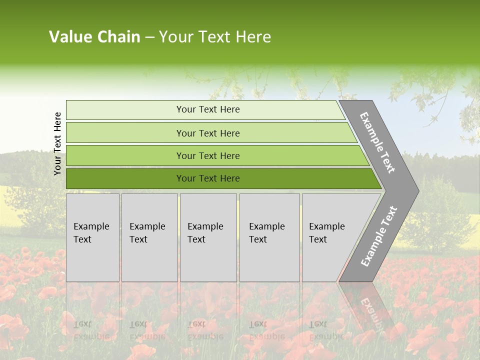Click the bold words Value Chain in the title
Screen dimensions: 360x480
pyautogui.click(x=94, y=37)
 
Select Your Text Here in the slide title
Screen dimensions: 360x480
pyautogui.click(x=215, y=37)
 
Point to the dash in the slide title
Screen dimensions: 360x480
pyautogui.click(x=149, y=37)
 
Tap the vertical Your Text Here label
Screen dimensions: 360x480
pyautogui.click(x=57, y=143)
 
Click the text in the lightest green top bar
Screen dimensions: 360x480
pyautogui.click(x=208, y=109)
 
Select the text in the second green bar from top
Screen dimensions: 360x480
pyautogui.click(x=208, y=133)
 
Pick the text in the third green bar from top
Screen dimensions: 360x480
pyautogui.click(x=208, y=155)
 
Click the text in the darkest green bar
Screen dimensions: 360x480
pyautogui.click(x=208, y=178)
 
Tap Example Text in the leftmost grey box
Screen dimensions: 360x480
pyautogui.click(x=91, y=233)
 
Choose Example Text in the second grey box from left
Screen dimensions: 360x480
pyautogui.click(x=147, y=233)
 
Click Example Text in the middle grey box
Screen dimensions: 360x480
pyautogui.click(x=205, y=233)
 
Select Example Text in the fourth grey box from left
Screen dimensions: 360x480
pyautogui.click(x=266, y=233)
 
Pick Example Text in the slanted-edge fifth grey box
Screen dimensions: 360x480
pyautogui.click(x=326, y=233)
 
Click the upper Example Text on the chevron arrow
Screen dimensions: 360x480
pyautogui.click(x=377, y=142)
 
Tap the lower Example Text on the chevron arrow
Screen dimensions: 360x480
pyautogui.click(x=378, y=236)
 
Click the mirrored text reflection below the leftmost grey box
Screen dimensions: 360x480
pyautogui.click(x=91, y=330)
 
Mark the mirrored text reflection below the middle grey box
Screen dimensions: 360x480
pyautogui.click(x=205, y=330)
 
